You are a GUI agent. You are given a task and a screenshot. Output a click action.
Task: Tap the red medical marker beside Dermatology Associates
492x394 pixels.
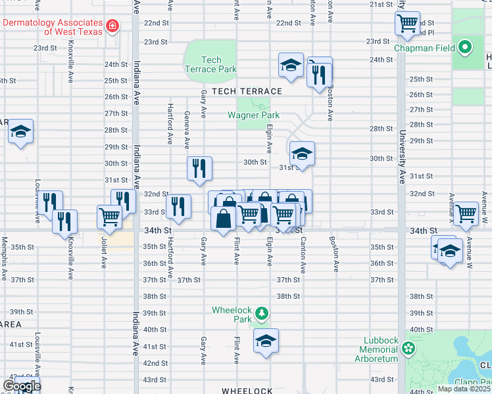coord(113,26)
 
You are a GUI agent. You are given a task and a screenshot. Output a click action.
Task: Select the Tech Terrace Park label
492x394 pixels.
coord(210,64)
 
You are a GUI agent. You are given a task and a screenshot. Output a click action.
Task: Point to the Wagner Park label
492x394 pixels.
coord(253,115)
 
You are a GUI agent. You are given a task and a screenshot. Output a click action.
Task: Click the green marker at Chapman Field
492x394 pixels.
coord(466,47)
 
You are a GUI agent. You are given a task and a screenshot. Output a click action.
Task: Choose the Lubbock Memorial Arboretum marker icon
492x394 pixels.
coord(408,348)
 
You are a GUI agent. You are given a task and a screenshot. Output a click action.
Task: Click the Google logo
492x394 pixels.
coord(21,386)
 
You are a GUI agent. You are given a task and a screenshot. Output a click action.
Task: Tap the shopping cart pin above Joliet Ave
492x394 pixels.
coord(109,216)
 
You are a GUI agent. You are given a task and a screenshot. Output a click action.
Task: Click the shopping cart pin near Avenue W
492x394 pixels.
coord(466,213)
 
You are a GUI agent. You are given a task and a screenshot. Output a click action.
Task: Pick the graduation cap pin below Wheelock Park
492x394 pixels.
coord(266,341)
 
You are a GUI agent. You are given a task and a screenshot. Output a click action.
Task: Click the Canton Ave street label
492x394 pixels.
coord(303,256)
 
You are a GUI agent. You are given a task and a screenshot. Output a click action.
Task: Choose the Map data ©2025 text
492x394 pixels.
coord(464,389)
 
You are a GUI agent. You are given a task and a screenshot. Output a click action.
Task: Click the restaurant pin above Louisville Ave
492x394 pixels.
coord(50,203)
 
